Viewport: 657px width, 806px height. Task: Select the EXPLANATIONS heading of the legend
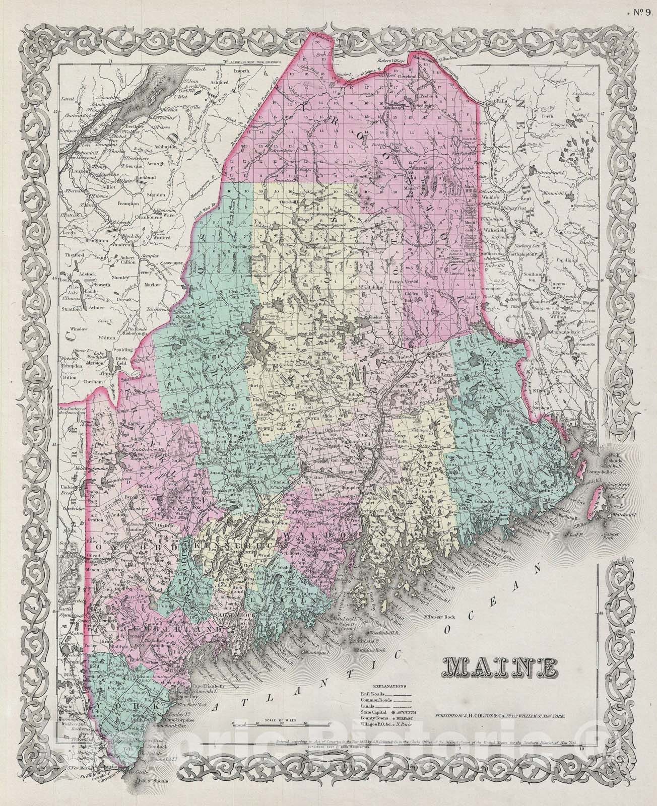coord(390,686)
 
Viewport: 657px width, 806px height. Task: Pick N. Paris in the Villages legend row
coord(414,728)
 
